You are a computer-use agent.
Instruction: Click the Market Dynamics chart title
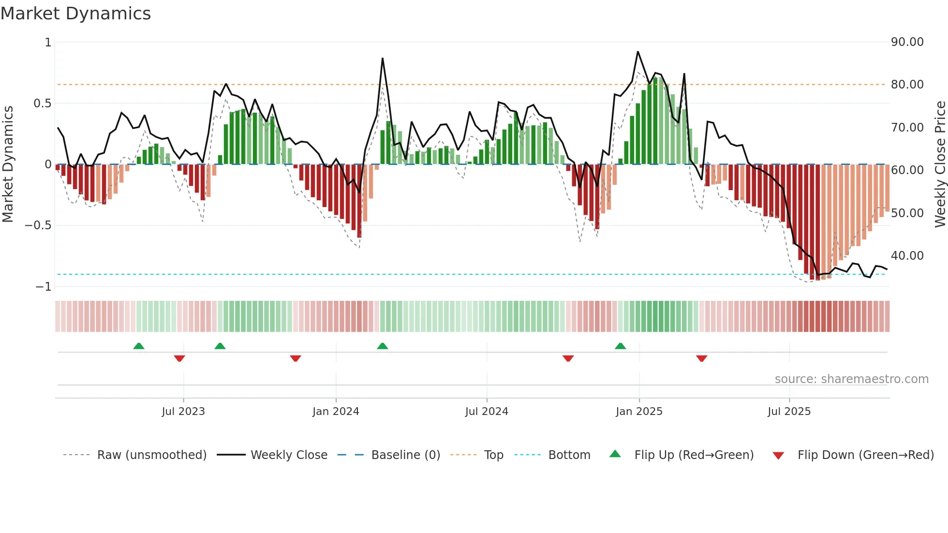pyautogui.click(x=76, y=14)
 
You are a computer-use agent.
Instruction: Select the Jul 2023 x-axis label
pyautogui.click(x=183, y=412)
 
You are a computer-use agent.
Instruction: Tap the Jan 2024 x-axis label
pyautogui.click(x=336, y=412)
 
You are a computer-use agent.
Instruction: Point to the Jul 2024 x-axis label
pyautogui.click(x=487, y=412)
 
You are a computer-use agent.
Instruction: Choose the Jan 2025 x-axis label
pyautogui.click(x=639, y=412)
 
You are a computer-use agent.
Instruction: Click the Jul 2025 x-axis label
pyautogui.click(x=789, y=412)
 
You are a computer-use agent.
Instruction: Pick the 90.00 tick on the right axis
pyautogui.click(x=907, y=42)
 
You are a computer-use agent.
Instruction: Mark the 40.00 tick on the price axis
pyautogui.click(x=907, y=255)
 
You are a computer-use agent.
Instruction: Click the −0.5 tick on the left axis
pyautogui.click(x=38, y=225)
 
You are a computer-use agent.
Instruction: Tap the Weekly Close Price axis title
pyautogui.click(x=940, y=164)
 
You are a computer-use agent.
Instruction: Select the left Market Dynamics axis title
pyautogui.click(x=8, y=164)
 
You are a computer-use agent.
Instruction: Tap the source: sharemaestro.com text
pyautogui.click(x=851, y=379)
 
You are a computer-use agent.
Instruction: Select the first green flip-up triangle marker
pyautogui.click(x=139, y=346)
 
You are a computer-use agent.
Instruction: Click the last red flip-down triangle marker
pyautogui.click(x=701, y=358)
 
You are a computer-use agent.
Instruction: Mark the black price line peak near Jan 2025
pyautogui.click(x=638, y=52)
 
